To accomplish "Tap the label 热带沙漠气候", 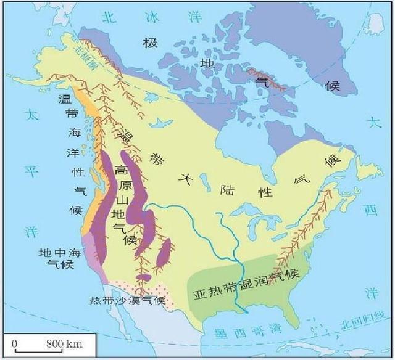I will pos(127,300).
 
